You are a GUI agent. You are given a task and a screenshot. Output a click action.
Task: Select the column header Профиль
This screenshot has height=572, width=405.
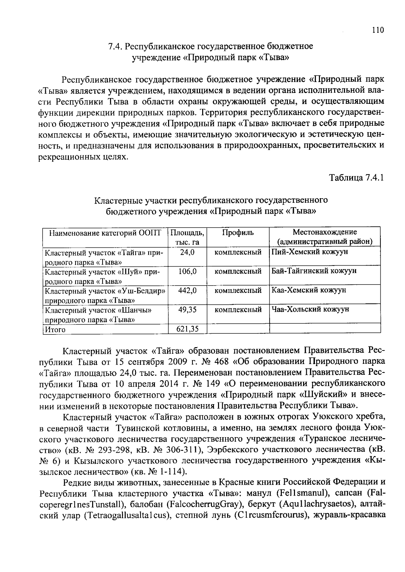(238, 233)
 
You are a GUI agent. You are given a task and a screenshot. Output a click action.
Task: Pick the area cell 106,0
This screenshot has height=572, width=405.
(187, 271)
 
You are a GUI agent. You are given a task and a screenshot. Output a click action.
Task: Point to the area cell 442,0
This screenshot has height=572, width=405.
(187, 291)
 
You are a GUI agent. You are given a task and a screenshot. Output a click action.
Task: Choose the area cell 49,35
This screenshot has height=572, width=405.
(187, 310)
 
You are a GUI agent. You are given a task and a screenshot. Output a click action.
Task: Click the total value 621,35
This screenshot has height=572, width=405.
(187, 329)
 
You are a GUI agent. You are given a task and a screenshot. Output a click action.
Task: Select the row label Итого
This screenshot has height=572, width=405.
(55, 330)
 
